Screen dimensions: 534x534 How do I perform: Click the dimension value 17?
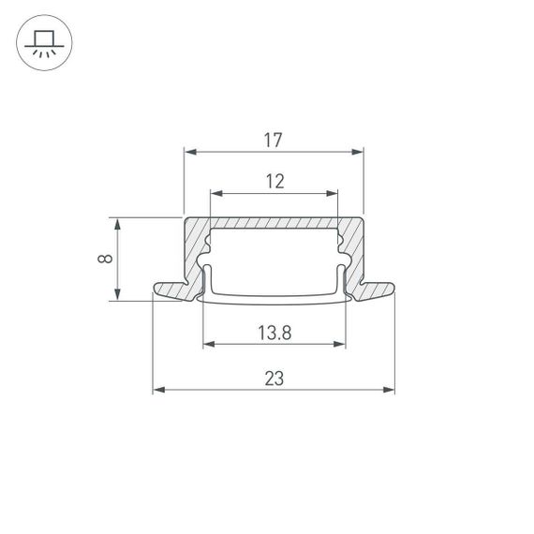click(273, 141)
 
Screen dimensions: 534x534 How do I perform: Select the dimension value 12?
click(274, 182)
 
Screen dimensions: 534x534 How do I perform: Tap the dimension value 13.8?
click(274, 332)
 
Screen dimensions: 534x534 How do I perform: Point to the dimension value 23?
click(274, 378)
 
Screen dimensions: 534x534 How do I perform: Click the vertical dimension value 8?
click(105, 260)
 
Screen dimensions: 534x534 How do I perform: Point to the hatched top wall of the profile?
click(274, 223)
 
